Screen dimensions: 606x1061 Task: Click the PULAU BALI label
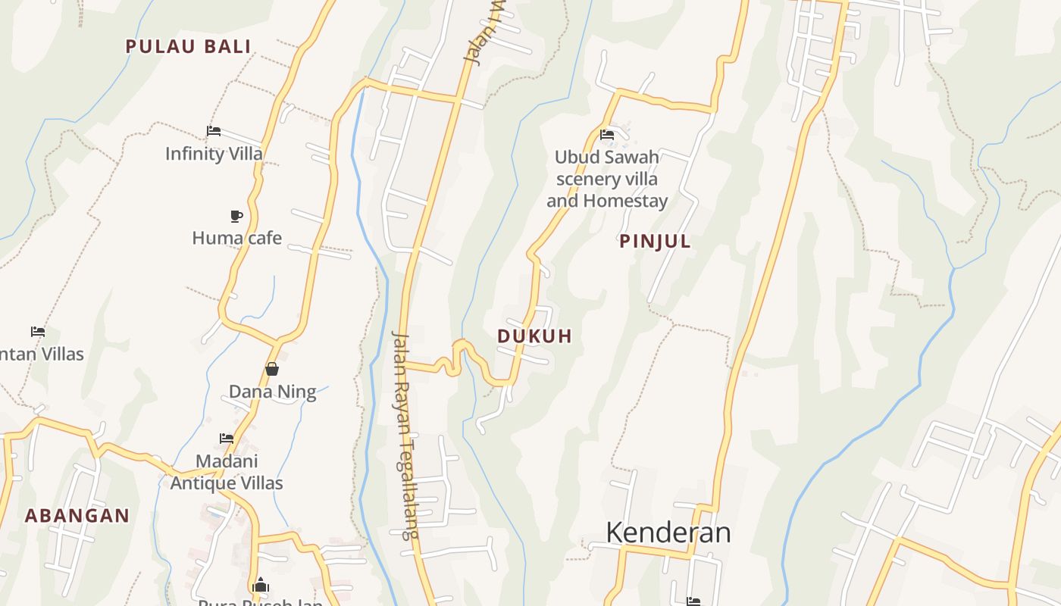coord(188,46)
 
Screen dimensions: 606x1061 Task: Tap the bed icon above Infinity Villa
coord(214,131)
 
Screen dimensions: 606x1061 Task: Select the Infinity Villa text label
coord(214,154)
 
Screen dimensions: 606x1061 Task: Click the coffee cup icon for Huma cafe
coord(236,216)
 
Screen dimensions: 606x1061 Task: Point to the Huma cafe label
coord(236,238)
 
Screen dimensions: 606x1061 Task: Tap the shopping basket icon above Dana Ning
coord(272,369)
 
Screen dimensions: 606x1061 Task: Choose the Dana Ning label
coord(272,392)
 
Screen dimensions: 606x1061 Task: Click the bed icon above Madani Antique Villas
coord(226,438)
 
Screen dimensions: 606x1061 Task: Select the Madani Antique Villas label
coord(227,472)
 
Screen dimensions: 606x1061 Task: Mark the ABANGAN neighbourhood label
coord(77,516)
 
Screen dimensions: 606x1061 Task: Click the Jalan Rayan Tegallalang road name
coord(405,436)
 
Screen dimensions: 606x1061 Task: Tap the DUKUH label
coord(534,336)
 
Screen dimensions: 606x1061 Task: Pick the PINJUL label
coord(655,242)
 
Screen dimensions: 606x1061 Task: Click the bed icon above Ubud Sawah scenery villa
coord(606,135)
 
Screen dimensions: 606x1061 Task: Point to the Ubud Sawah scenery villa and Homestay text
coord(607,180)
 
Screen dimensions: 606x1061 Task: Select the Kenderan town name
coord(668,533)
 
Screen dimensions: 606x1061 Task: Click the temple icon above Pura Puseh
coord(261,585)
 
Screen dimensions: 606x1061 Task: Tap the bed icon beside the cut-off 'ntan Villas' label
coord(37,332)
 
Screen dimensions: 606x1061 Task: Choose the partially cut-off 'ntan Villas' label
coord(42,354)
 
